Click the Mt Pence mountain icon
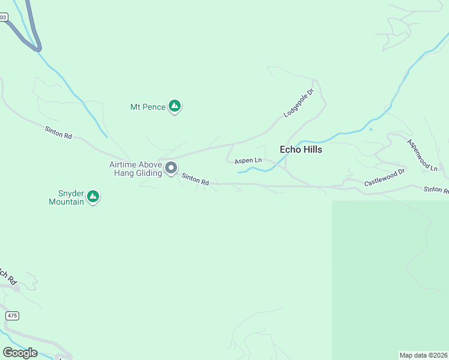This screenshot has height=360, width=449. point(175,107)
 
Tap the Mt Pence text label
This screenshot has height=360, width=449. point(147,107)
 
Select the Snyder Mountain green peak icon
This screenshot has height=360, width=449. point(93,196)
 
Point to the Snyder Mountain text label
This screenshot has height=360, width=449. point(67,197)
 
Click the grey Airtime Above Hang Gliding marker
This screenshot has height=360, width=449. point(171,168)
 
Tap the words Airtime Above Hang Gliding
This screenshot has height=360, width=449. point(136,169)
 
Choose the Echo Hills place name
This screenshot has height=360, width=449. point(301,149)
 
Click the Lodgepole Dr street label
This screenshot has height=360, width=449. point(299,103)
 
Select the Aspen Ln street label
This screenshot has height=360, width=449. point(248,161)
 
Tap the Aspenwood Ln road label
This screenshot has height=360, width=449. point(423,155)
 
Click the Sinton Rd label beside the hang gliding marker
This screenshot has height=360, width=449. point(196,179)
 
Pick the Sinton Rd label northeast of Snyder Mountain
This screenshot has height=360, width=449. point(58,132)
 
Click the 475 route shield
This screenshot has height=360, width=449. point(12,315)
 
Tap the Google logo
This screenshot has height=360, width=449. point(20,352)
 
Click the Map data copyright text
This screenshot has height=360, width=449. point(423,355)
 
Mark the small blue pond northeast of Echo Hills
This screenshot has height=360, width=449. point(370,129)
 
